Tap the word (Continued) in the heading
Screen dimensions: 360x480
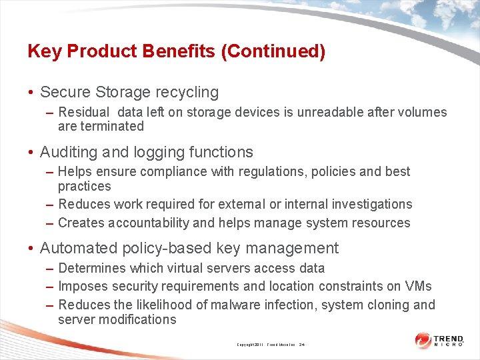click(275, 52)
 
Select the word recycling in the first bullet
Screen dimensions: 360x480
click(187, 93)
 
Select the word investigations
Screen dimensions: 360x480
click(367, 204)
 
